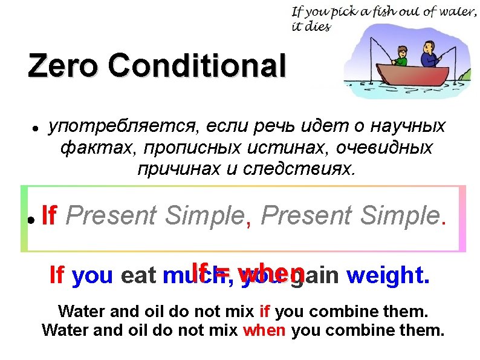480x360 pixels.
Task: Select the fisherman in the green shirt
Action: (399, 56)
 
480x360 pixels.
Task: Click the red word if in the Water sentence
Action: (265, 312)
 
